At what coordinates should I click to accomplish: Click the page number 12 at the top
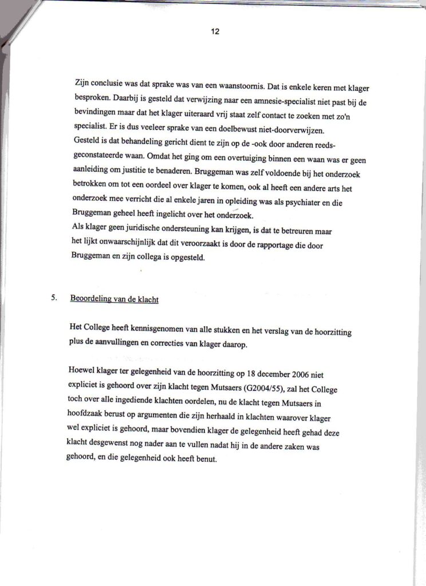tap(215, 32)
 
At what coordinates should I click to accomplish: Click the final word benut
tap(208, 459)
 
